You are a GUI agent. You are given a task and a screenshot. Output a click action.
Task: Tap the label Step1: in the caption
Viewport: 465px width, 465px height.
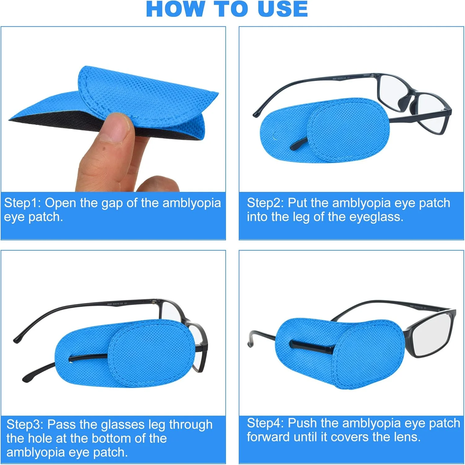click(22, 203)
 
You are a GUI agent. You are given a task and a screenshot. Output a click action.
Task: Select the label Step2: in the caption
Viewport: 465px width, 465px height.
click(265, 203)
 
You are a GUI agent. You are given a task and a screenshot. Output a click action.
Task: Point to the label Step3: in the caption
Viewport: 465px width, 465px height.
click(25, 424)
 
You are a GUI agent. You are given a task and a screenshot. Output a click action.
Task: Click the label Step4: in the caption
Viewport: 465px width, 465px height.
click(265, 423)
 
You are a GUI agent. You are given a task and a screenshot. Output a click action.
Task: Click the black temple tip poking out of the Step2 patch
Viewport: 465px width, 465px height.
click(299, 144)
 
